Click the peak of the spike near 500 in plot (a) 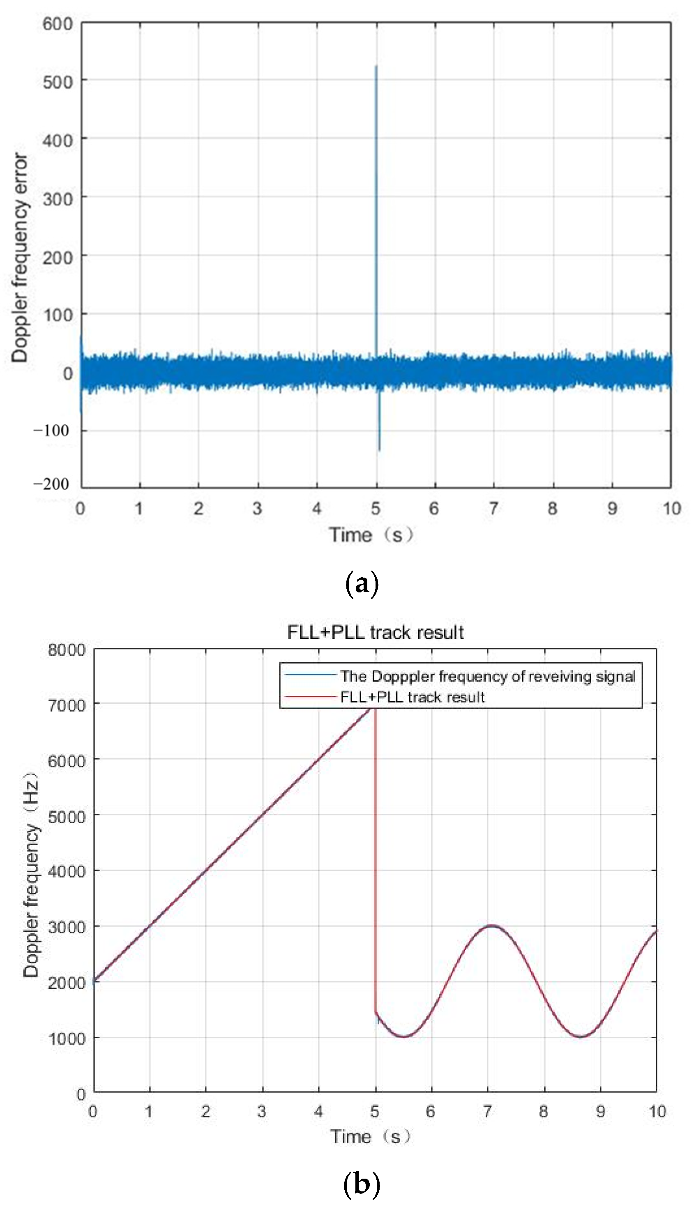pyautogui.click(x=376, y=67)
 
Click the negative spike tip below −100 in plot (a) pyautogui.click(x=380, y=449)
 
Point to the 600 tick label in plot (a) pyautogui.click(x=58, y=24)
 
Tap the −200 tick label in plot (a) pyautogui.click(x=51, y=484)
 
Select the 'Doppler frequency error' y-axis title pyautogui.click(x=20, y=258)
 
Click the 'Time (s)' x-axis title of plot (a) pyautogui.click(x=371, y=535)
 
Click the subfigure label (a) pyautogui.click(x=362, y=583)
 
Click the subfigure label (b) pyautogui.click(x=362, y=1184)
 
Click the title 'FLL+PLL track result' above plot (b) pyautogui.click(x=375, y=632)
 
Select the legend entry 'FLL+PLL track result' pyautogui.click(x=413, y=697)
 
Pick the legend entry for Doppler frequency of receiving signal pyautogui.click(x=488, y=676)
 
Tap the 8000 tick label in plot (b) pyautogui.click(x=67, y=650)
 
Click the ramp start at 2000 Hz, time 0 pyautogui.click(x=94, y=981)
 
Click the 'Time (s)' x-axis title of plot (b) pyautogui.click(x=371, y=1136)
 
